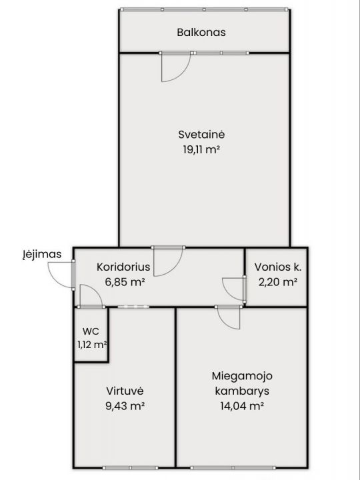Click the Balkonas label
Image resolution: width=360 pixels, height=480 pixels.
201,32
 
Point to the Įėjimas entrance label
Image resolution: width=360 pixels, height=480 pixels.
41,254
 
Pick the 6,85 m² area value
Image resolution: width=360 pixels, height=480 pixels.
125,282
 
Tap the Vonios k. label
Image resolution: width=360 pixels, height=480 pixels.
278,267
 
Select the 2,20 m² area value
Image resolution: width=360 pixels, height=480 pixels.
278,282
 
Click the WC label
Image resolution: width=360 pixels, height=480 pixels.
91,331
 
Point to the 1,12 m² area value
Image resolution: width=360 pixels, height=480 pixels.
91,344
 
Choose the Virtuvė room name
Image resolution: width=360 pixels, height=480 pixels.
125,391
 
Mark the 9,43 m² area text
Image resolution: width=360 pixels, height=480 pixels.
125,405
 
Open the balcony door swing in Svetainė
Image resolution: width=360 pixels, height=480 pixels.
175,66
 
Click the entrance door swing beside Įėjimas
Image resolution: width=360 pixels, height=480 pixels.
61,275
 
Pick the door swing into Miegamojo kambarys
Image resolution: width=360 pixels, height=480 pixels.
228,317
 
